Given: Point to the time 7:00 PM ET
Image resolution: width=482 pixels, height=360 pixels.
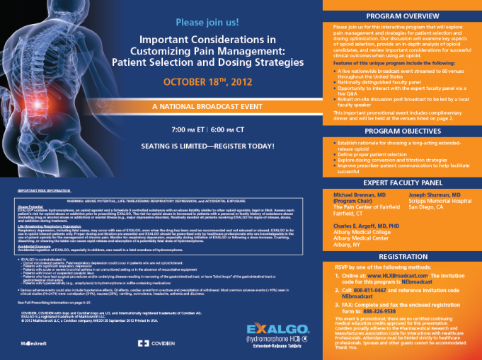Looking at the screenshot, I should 186,131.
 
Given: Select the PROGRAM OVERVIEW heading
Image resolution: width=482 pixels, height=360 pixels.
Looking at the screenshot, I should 402,15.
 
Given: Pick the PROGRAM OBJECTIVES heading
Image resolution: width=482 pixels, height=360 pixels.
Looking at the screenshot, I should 402,130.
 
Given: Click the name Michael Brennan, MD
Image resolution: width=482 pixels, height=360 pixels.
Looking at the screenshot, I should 359,193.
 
